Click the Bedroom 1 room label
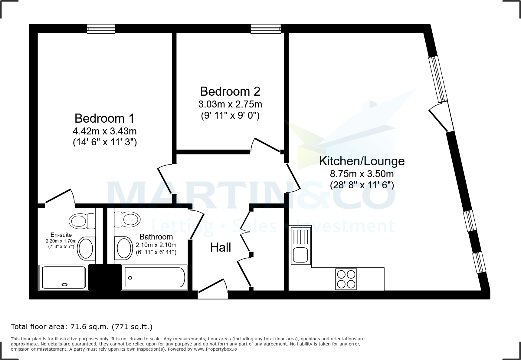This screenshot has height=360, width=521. pyautogui.click(x=104, y=118)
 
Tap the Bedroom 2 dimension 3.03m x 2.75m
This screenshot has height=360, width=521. pyautogui.click(x=230, y=104)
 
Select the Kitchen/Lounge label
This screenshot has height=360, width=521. pyautogui.click(x=362, y=161)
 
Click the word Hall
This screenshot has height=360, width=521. pyautogui.click(x=221, y=248)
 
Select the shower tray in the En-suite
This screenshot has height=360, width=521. pyautogui.click(x=64, y=277)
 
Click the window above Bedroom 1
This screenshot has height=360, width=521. pyautogui.click(x=101, y=29)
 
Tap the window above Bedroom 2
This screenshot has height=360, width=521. pyautogui.click(x=266, y=29)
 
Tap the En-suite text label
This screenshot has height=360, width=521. pyautogui.click(x=61, y=235)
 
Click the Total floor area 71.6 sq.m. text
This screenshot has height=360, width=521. pyautogui.click(x=81, y=327)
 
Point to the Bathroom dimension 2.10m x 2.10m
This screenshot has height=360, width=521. pyautogui.click(x=156, y=245)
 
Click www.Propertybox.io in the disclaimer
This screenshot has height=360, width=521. pyautogui.click(x=215, y=349)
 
